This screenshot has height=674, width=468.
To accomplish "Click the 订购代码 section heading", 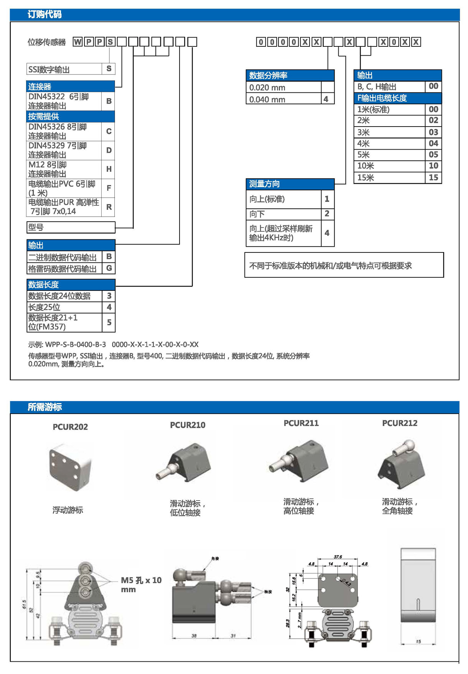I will click(44, 15).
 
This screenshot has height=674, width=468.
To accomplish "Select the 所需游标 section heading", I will click(44, 407).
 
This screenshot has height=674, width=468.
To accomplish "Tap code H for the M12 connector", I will click(109, 169).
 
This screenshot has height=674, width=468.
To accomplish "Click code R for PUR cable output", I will click(109, 207).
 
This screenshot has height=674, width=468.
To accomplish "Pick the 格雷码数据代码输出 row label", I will click(63, 269).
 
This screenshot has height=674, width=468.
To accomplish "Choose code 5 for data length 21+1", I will click(109, 322).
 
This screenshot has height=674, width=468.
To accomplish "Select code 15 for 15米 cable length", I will click(433, 178).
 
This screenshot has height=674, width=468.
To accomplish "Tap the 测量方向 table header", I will click(265, 184).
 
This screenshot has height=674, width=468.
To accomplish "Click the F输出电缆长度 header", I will click(382, 98).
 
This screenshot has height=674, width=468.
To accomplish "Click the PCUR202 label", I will click(70, 427).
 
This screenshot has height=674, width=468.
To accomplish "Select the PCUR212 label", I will click(400, 423).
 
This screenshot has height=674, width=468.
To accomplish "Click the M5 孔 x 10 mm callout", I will click(141, 585).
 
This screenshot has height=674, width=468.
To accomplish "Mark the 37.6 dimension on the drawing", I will click(338, 557).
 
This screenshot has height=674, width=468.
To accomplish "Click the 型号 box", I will click(71, 227).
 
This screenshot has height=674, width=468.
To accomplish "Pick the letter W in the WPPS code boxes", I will click(77, 42).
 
